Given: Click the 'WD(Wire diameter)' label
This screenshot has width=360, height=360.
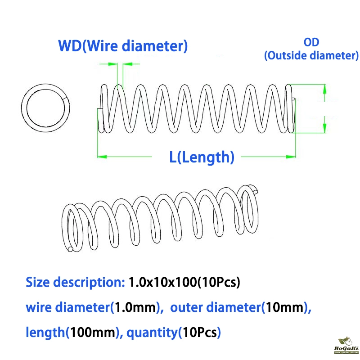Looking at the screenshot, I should point(122,46).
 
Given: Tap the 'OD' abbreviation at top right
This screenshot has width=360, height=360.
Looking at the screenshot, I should point(311,42).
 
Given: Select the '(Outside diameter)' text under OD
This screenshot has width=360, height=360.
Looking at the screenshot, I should point(311,55).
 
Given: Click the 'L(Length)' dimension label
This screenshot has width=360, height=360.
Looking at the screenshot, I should point(202,157).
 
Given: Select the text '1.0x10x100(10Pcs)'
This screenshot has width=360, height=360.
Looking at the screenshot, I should point(184,283).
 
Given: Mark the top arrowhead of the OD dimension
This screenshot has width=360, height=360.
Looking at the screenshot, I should point(324,88).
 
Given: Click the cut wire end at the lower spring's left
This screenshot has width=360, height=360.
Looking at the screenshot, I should point(70,249).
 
